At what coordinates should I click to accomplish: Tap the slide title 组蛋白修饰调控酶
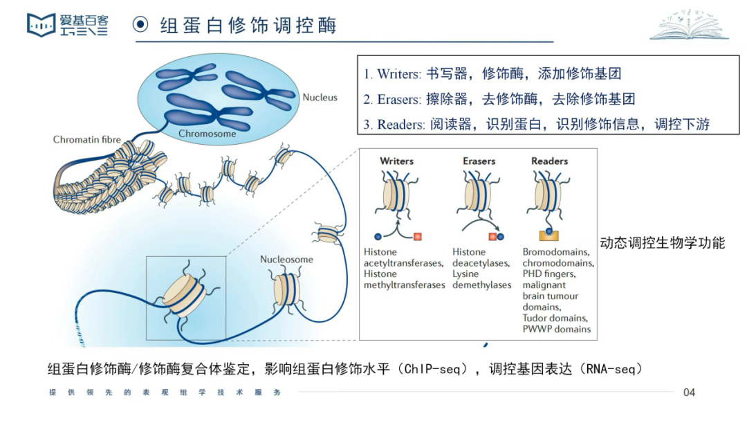point(248,26)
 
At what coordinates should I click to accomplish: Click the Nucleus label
point(320,98)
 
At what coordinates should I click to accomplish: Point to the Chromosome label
point(207,134)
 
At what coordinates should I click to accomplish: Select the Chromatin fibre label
point(87,140)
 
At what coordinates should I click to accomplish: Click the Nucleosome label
point(286,260)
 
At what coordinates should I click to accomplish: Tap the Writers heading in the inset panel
point(396,161)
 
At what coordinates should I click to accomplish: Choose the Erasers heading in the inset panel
point(479,161)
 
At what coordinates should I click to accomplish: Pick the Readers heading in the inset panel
point(549,161)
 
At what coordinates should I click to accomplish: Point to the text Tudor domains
point(555,318)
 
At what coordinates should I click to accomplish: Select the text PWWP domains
point(556,329)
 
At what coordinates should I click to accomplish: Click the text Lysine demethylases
point(481,280)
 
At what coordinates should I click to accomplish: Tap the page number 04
point(689,393)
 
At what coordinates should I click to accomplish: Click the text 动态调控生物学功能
point(662,243)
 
